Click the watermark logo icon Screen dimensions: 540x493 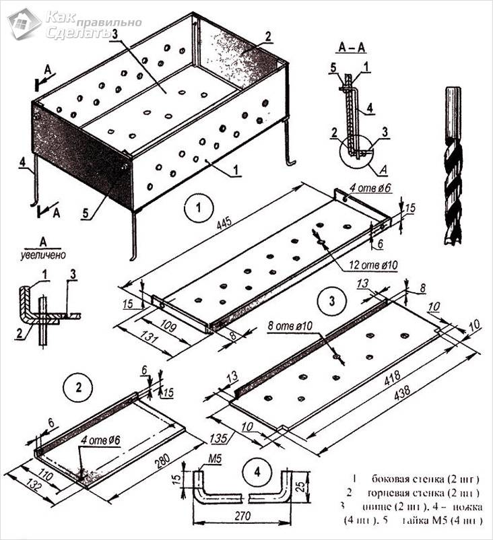(24, 24)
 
